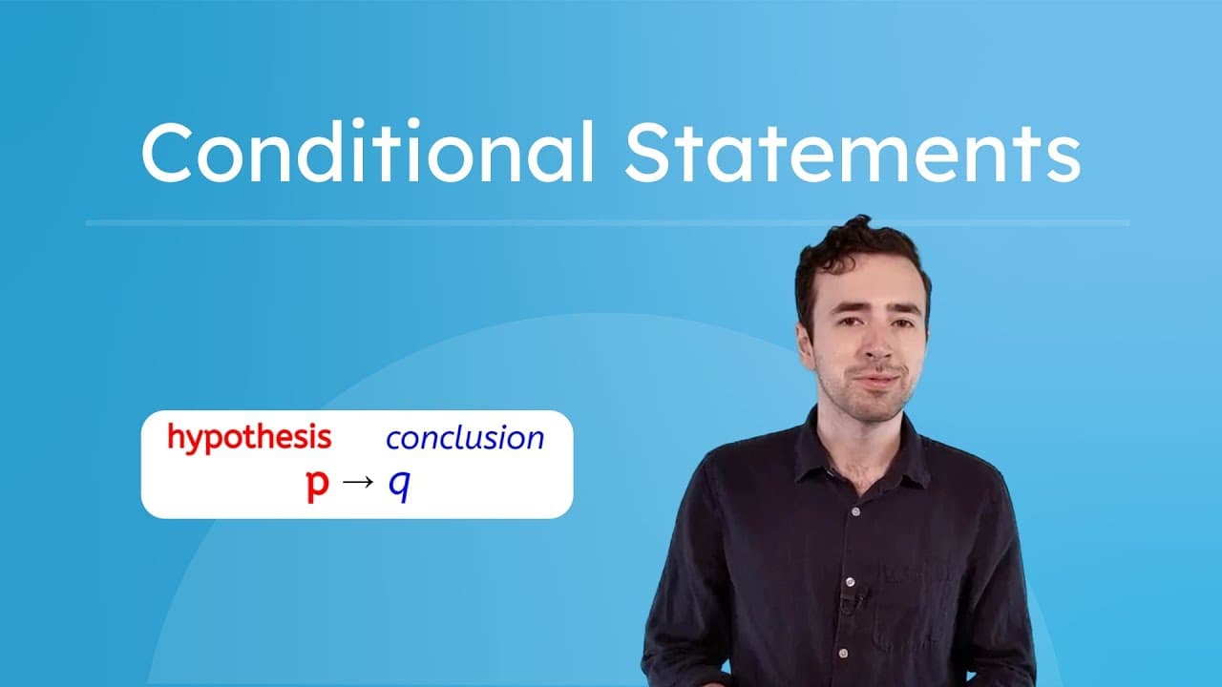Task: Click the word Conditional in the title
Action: click(x=368, y=153)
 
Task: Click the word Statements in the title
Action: click(x=852, y=153)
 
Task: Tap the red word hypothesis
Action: click(x=249, y=438)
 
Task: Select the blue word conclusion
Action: click(x=465, y=438)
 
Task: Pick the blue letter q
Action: click(x=399, y=488)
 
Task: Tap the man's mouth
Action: click(x=874, y=379)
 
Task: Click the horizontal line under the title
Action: click(x=607, y=223)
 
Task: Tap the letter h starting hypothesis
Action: click(x=176, y=437)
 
